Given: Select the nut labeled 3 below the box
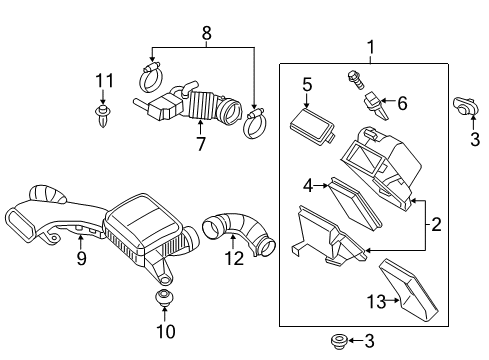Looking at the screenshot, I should click(337, 341).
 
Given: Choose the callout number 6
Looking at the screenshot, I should click(403, 102).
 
